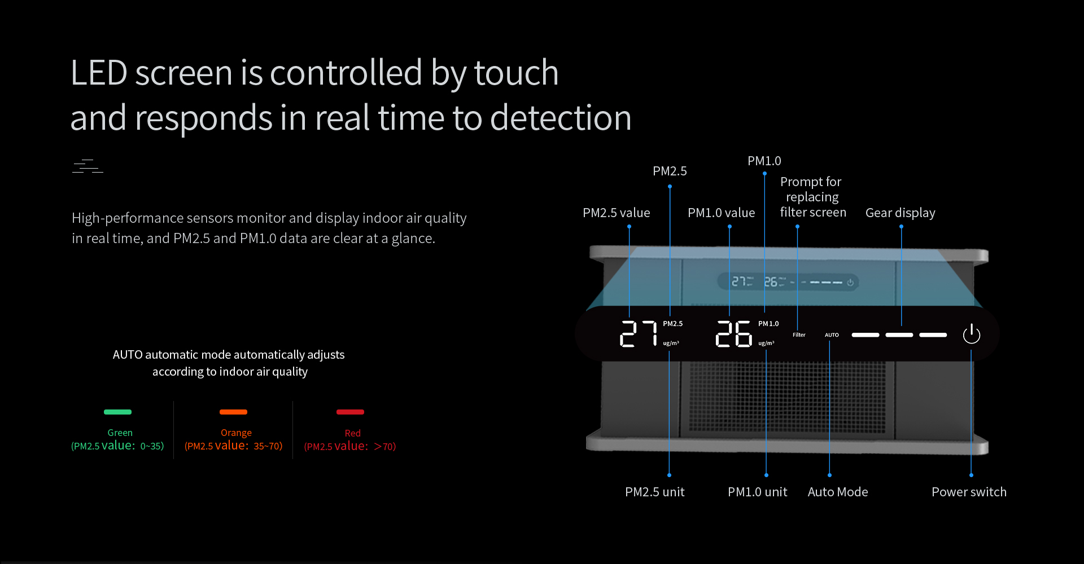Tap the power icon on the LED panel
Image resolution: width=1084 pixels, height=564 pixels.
[x=971, y=334]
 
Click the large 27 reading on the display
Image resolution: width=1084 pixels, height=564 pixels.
[x=639, y=333]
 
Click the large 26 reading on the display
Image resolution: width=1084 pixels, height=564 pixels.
[x=733, y=333]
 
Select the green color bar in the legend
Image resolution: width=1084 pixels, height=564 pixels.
[x=117, y=412]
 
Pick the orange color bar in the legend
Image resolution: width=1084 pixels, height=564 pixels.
[x=233, y=412]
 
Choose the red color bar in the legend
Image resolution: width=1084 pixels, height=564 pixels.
[x=350, y=412]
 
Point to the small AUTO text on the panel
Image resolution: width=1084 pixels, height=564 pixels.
[x=832, y=335]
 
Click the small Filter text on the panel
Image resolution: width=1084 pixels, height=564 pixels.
[x=799, y=335]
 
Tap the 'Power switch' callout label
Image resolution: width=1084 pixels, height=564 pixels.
[x=969, y=492]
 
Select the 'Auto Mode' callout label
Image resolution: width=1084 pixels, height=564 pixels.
[x=838, y=492]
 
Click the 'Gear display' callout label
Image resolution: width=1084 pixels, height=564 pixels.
[x=901, y=213]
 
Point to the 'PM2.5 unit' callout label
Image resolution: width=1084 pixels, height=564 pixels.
[x=655, y=492]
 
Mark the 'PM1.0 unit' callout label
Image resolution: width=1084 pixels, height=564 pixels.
[x=758, y=492]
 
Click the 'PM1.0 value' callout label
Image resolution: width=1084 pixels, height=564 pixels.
[x=722, y=213]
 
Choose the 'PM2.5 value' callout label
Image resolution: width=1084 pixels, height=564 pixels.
[x=617, y=213]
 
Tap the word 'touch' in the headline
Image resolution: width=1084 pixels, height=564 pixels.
[x=516, y=73]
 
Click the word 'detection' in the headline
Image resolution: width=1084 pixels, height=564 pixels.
[x=561, y=118]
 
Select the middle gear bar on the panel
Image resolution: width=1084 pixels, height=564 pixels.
[x=899, y=335]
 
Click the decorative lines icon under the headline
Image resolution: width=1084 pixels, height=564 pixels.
[x=88, y=166]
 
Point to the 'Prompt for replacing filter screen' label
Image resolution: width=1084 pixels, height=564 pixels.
[x=812, y=197]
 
